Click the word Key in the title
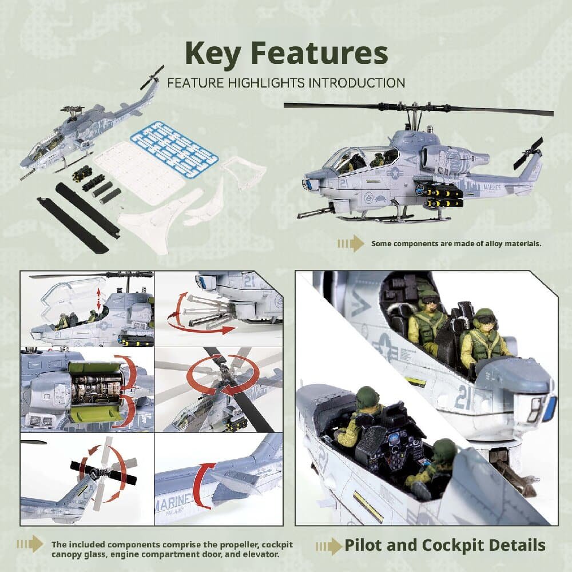tap(213, 54)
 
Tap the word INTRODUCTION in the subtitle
tap(357, 83)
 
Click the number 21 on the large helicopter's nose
tap(344, 184)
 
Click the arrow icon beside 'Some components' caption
tap(351, 244)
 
